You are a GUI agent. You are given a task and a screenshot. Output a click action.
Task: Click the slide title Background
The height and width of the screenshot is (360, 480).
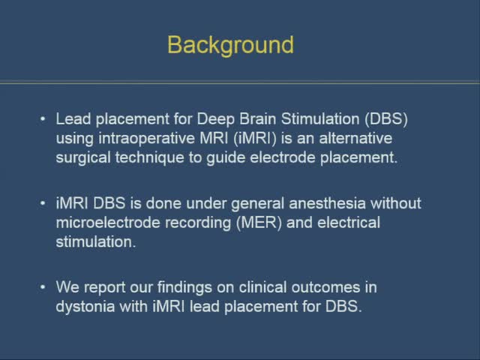230,45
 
